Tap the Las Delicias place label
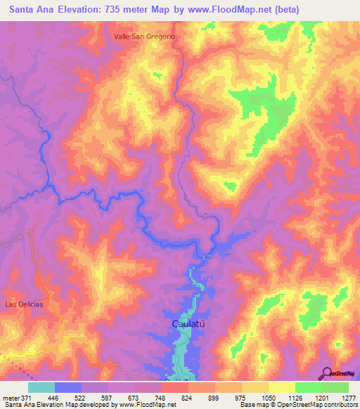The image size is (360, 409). (24, 304)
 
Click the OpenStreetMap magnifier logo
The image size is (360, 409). (328, 373)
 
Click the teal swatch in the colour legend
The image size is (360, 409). (41, 387)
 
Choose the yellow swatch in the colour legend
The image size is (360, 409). (281, 387)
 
